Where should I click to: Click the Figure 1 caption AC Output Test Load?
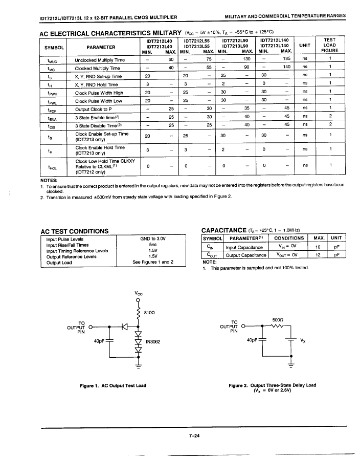(x=113, y=385)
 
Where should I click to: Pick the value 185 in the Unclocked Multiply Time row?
(x=287, y=59)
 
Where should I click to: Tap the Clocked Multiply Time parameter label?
(x=97, y=68)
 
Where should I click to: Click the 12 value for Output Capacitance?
(x=318, y=254)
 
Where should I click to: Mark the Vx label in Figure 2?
(x=303, y=340)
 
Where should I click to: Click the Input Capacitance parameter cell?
(x=244, y=247)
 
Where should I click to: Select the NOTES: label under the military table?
(x=50, y=180)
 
